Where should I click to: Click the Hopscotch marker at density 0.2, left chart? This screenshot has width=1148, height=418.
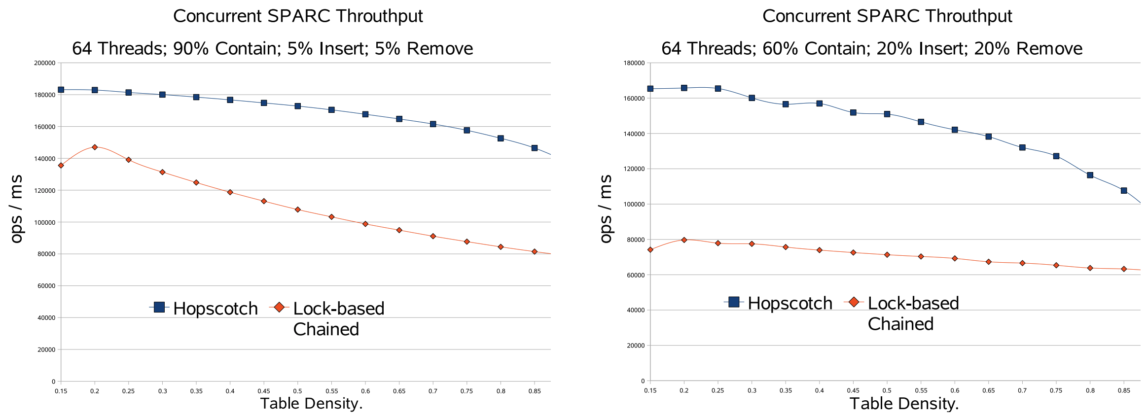pos(95,90)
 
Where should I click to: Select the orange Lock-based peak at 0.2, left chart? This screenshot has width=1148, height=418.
pos(95,147)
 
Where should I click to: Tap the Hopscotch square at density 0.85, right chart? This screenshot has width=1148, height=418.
pos(1124,190)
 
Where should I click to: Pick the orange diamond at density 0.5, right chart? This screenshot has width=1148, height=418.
pos(887,255)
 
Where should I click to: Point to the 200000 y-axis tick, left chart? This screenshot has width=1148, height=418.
pos(44,63)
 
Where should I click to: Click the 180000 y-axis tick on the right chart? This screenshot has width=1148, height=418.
pos(634,63)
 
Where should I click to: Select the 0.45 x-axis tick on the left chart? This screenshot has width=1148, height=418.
pos(264,391)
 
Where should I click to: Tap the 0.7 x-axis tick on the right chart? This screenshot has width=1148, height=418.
pos(1022,390)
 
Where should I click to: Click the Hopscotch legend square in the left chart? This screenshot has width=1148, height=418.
pos(159,308)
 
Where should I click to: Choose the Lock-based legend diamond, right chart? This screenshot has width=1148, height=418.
pos(854,302)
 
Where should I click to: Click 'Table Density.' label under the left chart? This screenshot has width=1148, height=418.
pos(311,404)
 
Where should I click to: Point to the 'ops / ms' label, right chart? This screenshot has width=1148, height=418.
pos(606,209)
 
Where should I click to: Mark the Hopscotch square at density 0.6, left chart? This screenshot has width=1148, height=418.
pos(365,114)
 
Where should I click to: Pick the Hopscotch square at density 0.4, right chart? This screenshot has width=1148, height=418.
pos(820,104)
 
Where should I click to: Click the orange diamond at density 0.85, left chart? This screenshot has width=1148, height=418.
pos(535,252)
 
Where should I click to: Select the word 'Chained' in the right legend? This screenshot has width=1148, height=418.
pos(900,324)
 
